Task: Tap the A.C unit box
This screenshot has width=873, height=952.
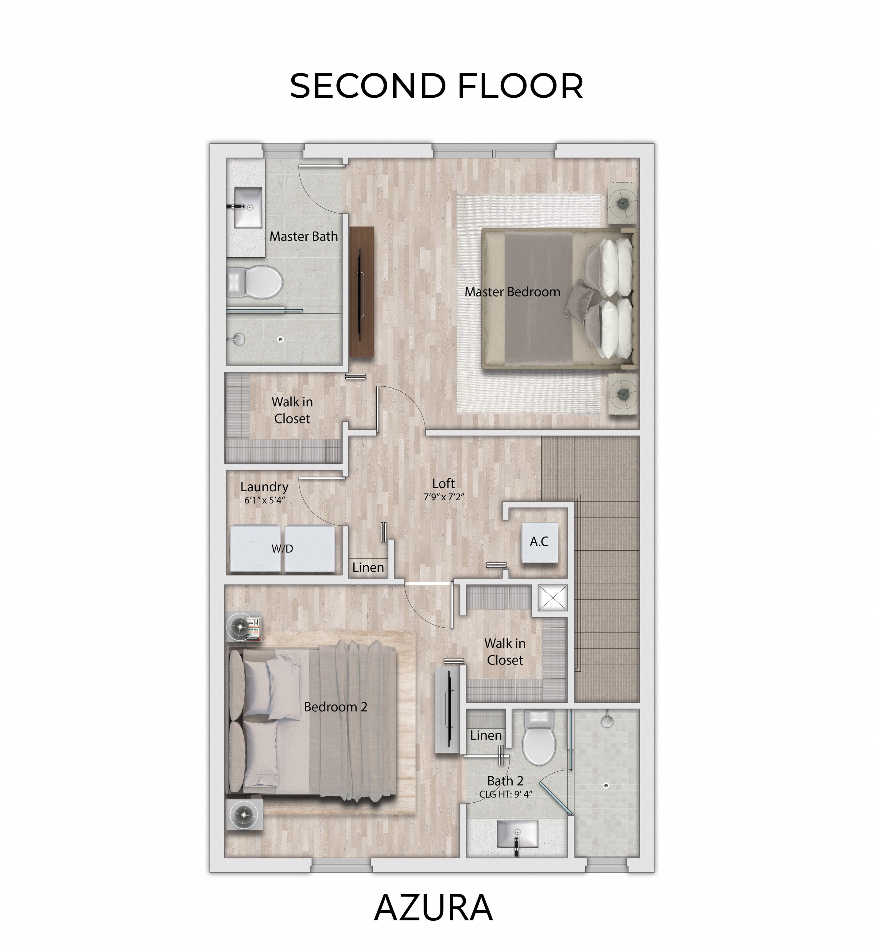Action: coord(539,542)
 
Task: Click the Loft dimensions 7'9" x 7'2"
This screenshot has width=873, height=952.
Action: coord(444,497)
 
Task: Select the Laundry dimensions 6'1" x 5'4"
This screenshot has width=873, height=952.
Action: coord(265,500)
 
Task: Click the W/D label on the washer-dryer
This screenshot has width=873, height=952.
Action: coord(282,548)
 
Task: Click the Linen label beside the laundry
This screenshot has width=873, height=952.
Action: coord(368,567)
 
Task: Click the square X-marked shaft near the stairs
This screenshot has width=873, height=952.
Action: coord(553,599)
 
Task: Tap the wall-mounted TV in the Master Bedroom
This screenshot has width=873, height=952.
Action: coord(362,292)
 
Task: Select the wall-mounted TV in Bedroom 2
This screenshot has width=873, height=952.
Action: coord(447,710)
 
